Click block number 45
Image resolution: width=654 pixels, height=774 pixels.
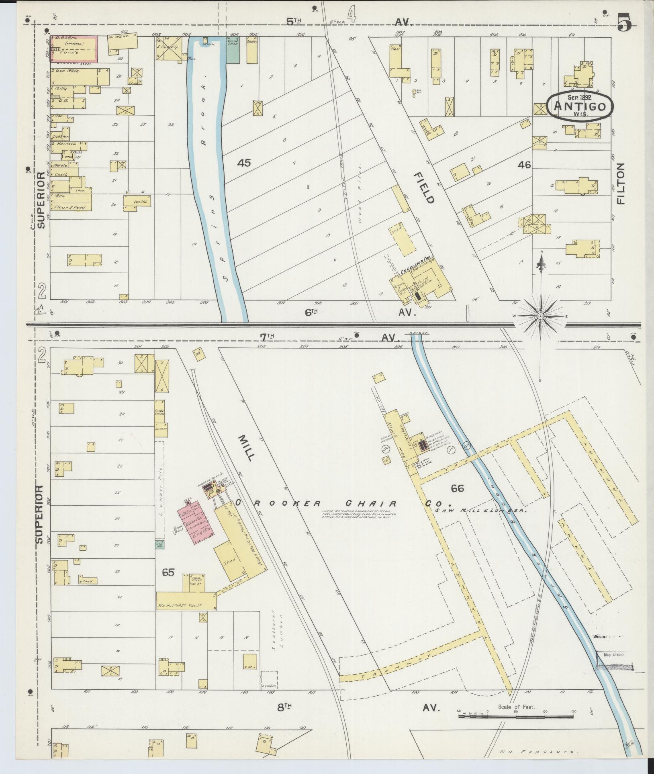pyautogui.click(x=244, y=163)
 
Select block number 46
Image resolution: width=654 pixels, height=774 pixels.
pyautogui.click(x=524, y=165)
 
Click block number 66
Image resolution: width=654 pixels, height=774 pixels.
pyautogui.click(x=457, y=488)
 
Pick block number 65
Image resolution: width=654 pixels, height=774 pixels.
pyautogui.click(x=168, y=572)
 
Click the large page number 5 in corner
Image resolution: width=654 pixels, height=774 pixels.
pyautogui.click(x=625, y=22)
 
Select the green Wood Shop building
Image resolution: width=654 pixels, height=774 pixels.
pyautogui.click(x=233, y=50)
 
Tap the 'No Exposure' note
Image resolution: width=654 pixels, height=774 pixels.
pyautogui.click(x=538, y=751)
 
